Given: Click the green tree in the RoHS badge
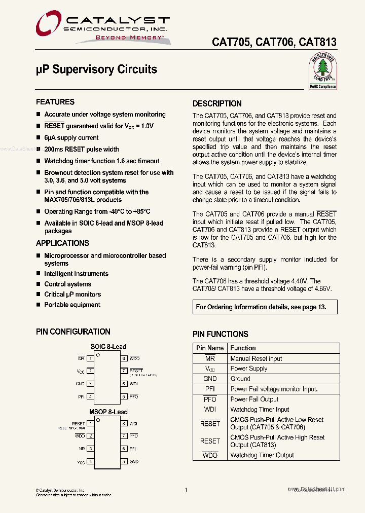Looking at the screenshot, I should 322,67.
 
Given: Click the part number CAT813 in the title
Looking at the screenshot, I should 317,43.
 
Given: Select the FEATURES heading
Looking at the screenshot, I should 55,102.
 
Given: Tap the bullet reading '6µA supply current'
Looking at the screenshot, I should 71,138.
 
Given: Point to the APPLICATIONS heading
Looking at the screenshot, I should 62,243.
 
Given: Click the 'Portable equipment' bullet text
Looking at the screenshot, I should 72,305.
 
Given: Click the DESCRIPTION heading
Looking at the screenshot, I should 217,104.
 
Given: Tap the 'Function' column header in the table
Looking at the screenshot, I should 243,348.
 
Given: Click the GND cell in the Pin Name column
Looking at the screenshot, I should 210,379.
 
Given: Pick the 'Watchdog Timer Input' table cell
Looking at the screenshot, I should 260,410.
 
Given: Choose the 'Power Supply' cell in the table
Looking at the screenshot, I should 248,369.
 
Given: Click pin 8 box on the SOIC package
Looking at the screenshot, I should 123,358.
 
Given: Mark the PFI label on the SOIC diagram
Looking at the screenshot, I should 81,397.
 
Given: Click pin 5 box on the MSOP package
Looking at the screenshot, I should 123,462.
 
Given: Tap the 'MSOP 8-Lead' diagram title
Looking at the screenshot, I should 108,412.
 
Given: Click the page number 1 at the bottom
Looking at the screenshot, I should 187,490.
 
